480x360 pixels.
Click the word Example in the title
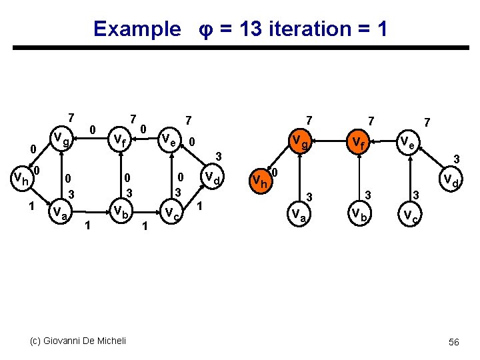137,29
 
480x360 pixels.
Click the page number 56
454,341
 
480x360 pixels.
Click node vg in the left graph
61,141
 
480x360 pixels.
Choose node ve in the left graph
169,140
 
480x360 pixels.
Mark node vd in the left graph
213,178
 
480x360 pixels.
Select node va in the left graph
59,213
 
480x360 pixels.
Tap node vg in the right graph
299,141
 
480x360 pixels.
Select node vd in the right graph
451,180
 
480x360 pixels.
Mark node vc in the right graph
407,215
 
